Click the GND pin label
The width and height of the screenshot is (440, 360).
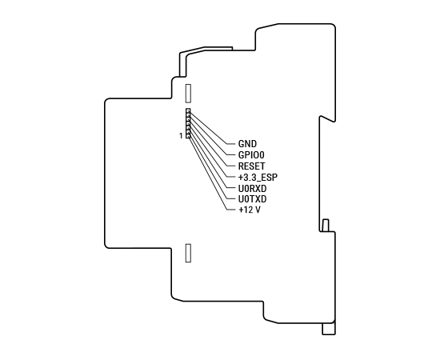coord(247,144)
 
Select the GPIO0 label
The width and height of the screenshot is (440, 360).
coord(251,155)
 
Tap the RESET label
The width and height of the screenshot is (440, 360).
coord(251,166)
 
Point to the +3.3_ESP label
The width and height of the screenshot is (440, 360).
coord(258,178)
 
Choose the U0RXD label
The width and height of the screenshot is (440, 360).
coord(252,188)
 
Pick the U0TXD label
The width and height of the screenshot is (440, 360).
coord(252,199)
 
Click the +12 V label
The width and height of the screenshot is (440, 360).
coord(249,210)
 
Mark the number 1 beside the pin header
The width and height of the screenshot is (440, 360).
coord(181,136)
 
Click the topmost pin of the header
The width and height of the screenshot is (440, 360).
coord(188,111)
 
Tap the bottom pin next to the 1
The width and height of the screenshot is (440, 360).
coord(188,136)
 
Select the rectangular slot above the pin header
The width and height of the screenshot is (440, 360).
coord(188,93)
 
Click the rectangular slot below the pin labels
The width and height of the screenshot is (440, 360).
coord(188,253)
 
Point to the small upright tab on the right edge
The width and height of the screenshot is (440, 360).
coord(326,226)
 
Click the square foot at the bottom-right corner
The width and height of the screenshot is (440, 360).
coord(329,329)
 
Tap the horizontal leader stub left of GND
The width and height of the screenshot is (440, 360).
coord(231,144)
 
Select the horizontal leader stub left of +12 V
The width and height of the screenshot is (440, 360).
coord(231,210)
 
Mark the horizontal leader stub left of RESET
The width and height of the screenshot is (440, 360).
coord(231,166)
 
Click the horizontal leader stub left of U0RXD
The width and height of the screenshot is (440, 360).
coord(231,188)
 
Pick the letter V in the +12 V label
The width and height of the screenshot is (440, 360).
coord(258,210)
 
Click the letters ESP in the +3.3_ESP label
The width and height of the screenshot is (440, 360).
coord(270,178)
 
